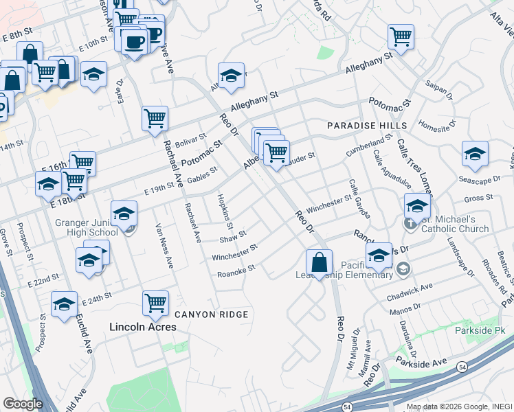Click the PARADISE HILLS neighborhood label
[x=367, y=126]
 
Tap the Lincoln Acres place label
[x=143, y=327]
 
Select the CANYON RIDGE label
[x=210, y=314]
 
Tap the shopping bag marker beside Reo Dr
[x=320, y=262]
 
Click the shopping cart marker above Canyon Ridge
[x=155, y=302]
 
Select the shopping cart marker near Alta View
[x=400, y=36]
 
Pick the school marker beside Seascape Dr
[x=474, y=154]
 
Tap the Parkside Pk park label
[x=479, y=330]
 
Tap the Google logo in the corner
[x=23, y=404]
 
